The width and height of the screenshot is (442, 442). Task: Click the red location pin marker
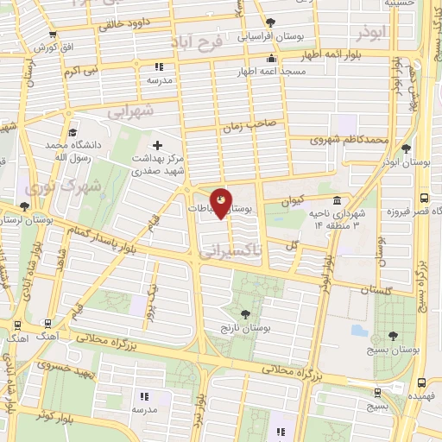pyautogui.click(x=222, y=204)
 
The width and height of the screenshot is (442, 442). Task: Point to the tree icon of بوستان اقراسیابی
pyautogui.click(x=270, y=23)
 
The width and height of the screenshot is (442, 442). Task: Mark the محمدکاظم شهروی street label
pyautogui.click(x=349, y=140)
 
